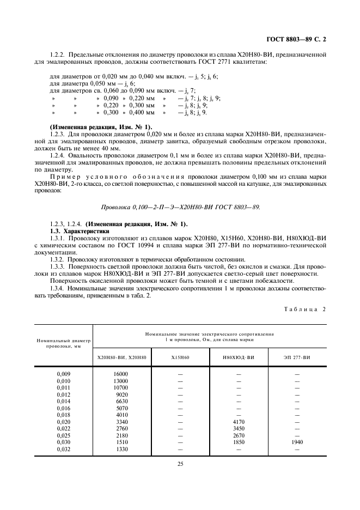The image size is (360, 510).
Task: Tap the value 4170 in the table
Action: tap(239, 421)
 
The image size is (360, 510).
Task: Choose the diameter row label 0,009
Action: tap(64, 374)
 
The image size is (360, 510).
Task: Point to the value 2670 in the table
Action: tap(239, 435)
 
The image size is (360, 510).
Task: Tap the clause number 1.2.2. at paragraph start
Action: tap(57, 54)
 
